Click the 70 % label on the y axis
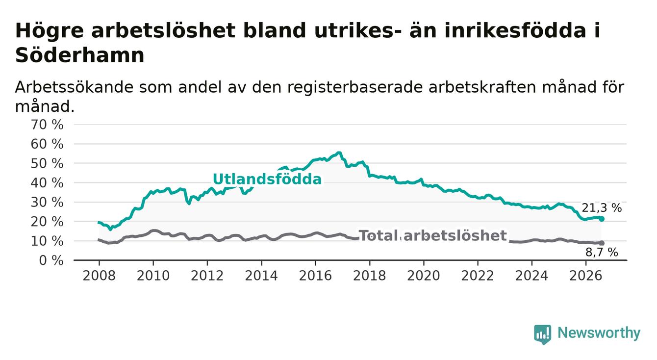click(47, 125)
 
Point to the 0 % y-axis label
click(51, 260)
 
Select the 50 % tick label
click(47, 163)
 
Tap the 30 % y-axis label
click(47, 203)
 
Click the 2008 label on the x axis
click(99, 276)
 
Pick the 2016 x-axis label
click(315, 276)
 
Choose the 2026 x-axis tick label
click(586, 276)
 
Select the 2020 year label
click(424, 276)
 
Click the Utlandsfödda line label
click(267, 179)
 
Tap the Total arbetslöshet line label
click(432, 235)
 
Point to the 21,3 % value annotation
click(602, 208)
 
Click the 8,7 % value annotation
click(602, 252)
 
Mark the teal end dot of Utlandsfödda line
click(602, 219)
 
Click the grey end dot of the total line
click(602, 243)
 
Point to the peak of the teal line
click(339, 152)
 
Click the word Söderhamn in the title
click(80, 55)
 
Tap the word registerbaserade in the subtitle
click(355, 87)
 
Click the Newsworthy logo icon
click(543, 334)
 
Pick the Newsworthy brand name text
click(599, 333)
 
